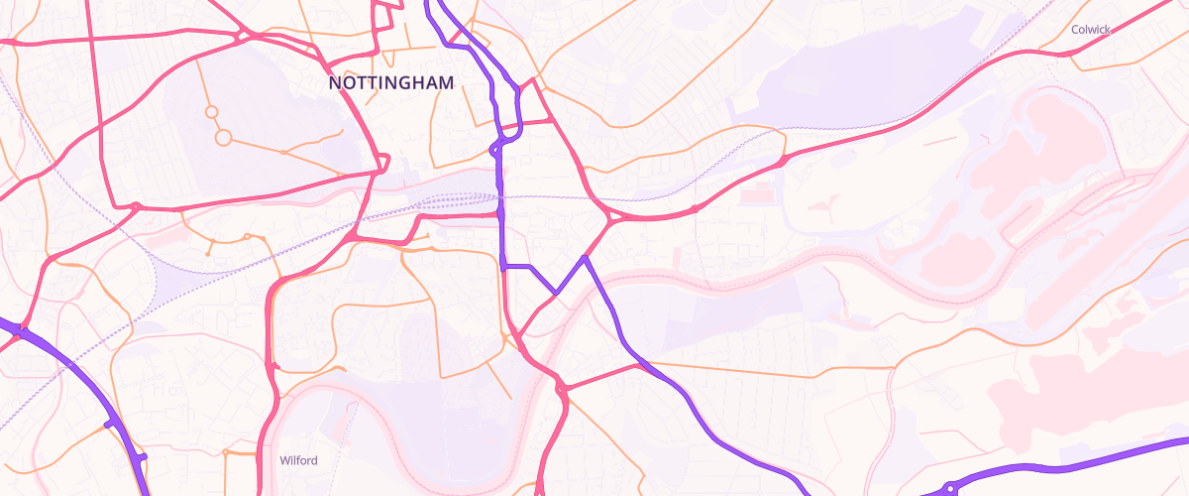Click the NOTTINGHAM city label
tap(391, 84)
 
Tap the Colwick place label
tap(1090, 30)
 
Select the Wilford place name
tap(298, 460)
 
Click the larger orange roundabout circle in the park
tap(223, 137)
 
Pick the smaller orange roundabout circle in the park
tap(211, 112)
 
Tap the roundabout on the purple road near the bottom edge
tap(949, 487)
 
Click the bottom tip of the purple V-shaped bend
tap(557, 293)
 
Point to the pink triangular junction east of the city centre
tap(606, 216)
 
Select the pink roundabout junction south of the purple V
tap(561, 390)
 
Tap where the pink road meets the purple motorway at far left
tap(20, 330)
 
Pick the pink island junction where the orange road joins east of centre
tap(783, 159)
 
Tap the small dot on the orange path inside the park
tap(283, 152)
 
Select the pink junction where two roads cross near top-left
tap(246, 37)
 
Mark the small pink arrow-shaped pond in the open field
tap(821, 206)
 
